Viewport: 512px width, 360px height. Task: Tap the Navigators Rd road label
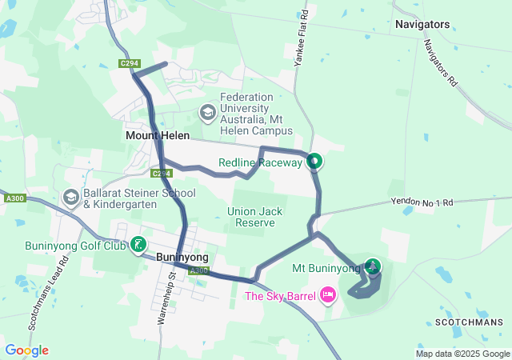440,62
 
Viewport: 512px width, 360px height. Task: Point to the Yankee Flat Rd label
302,38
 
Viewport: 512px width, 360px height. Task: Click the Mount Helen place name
158,136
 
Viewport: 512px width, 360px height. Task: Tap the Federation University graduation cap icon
208,113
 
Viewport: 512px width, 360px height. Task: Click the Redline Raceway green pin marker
314,162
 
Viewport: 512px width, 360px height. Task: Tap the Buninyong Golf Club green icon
140,244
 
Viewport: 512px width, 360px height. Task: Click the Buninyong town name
182,257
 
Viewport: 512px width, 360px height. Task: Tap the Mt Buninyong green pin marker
373,266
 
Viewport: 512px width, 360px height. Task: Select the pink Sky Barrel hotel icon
327,296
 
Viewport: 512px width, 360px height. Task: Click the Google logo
26,350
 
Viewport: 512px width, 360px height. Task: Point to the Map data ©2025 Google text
462,354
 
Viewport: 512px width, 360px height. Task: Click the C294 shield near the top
128,63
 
